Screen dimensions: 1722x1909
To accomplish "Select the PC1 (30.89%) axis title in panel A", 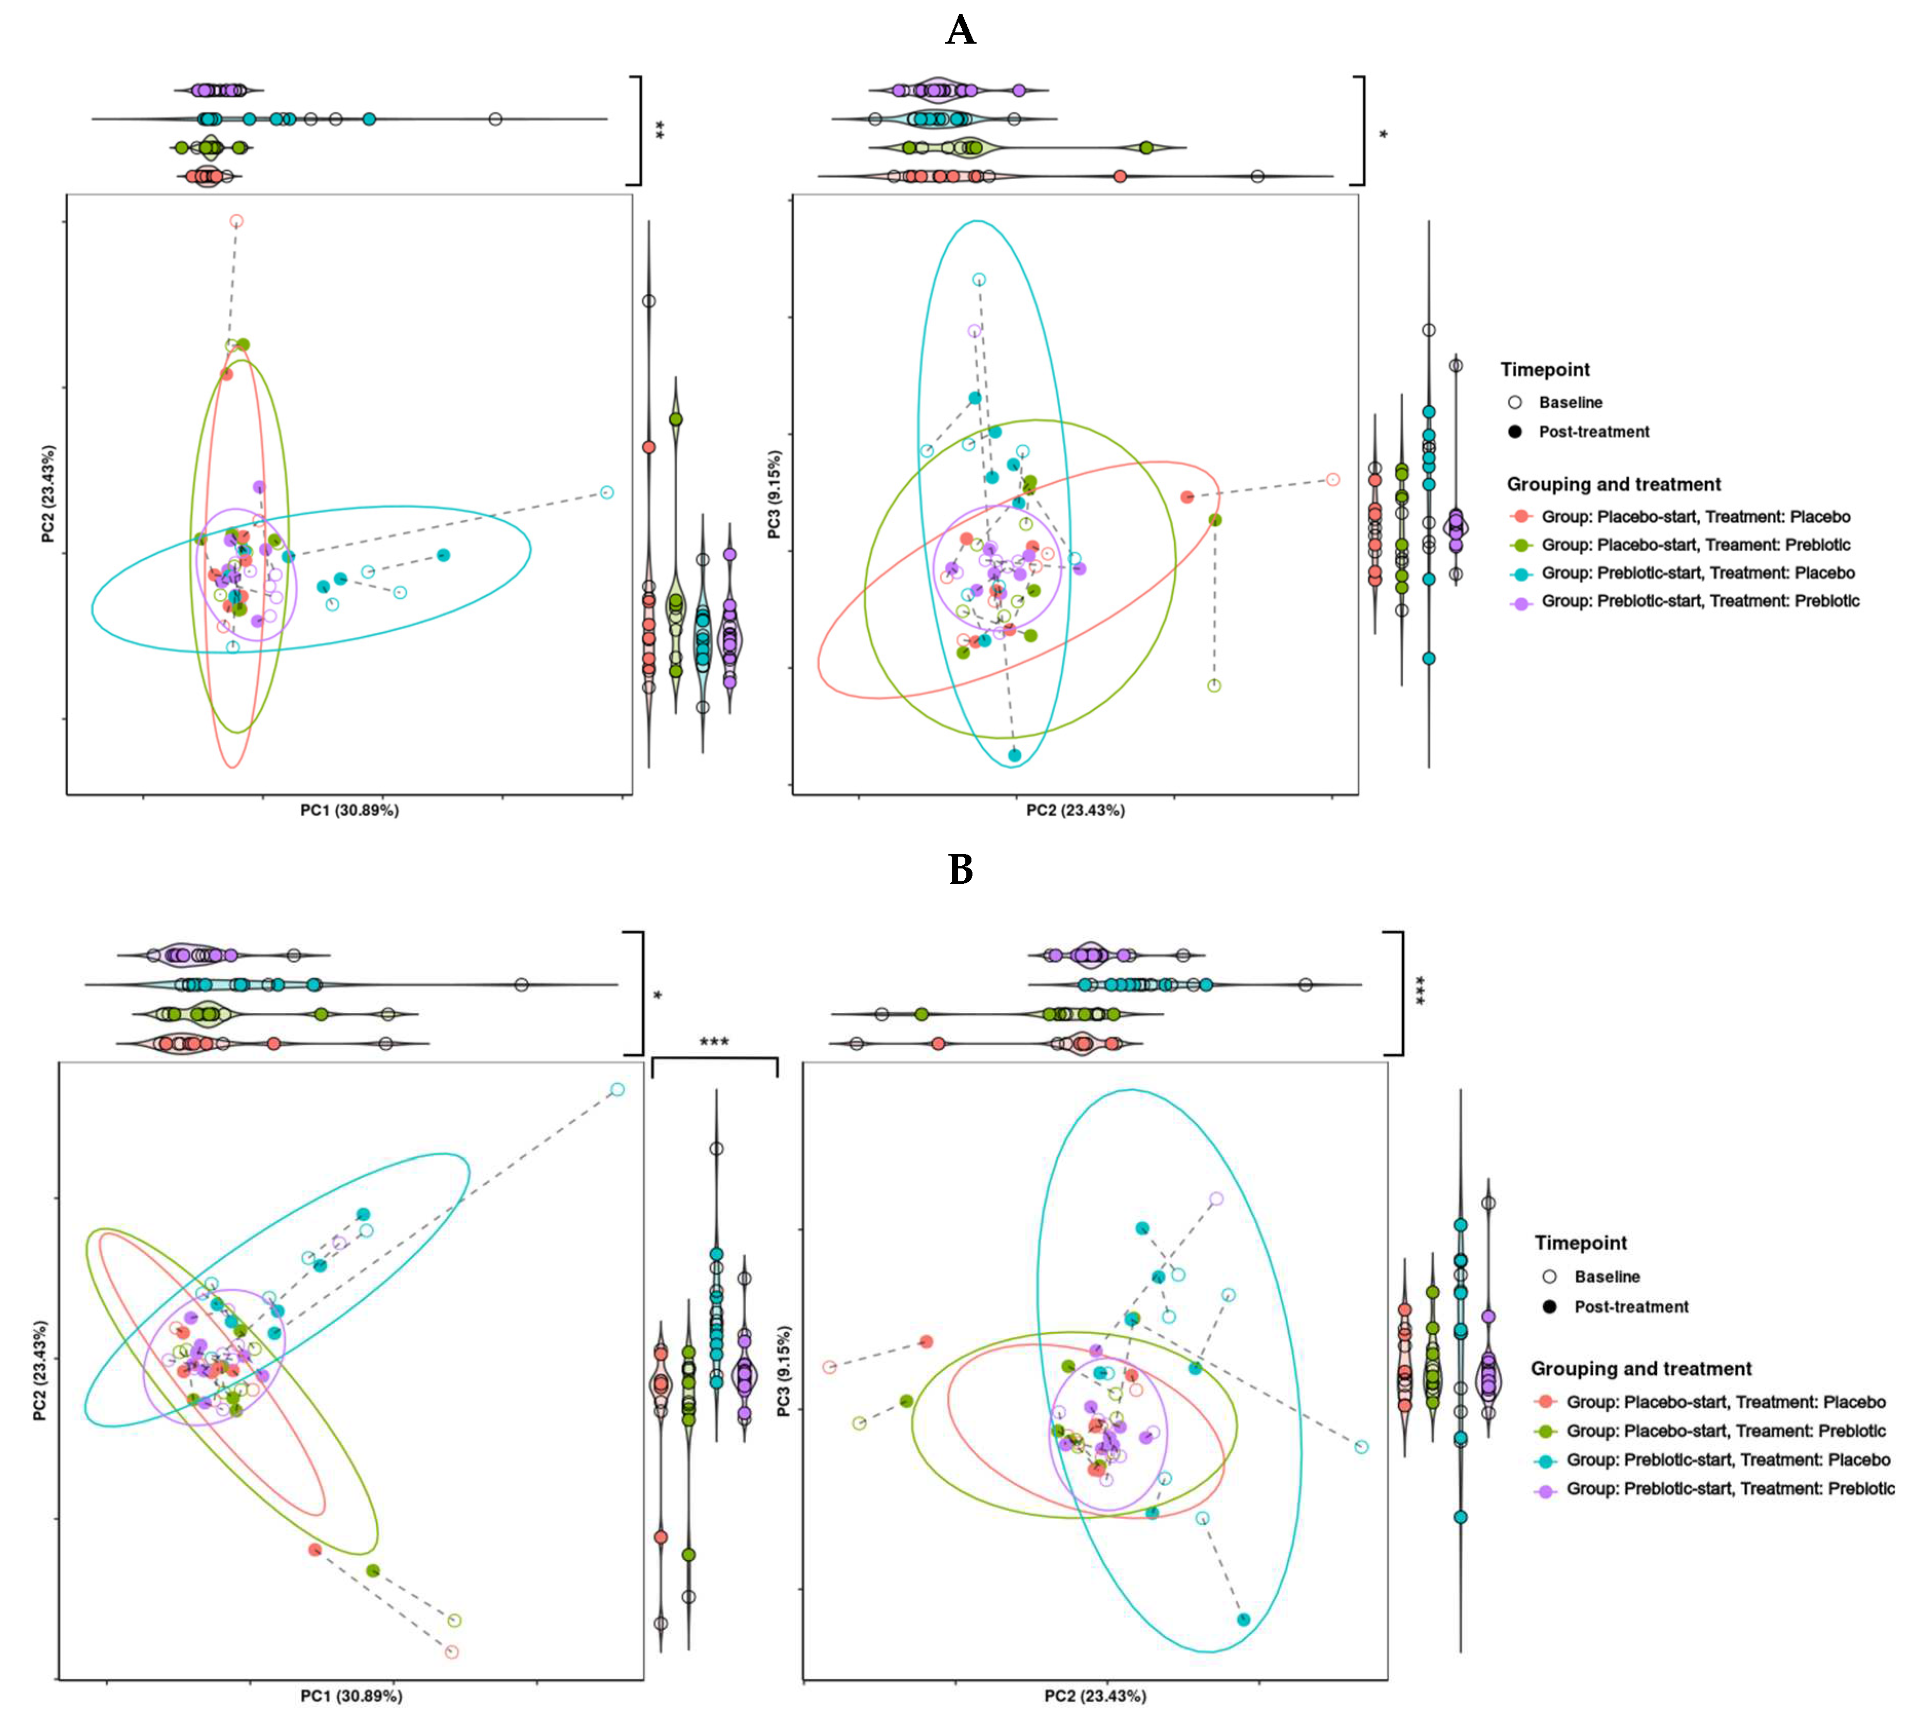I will (x=349, y=810).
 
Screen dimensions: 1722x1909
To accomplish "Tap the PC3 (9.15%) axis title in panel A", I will (x=774, y=495).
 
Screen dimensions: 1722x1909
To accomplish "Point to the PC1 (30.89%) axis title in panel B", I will (x=351, y=1695).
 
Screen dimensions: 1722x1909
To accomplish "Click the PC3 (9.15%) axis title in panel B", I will (x=784, y=1371).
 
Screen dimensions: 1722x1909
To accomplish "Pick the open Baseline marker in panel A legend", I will (x=1515, y=402).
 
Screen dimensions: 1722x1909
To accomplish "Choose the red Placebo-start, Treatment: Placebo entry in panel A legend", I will (x=1521, y=517).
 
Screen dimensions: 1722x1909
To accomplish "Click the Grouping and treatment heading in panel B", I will (x=1640, y=1369).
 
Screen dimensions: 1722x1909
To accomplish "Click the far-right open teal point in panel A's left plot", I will (x=606, y=492).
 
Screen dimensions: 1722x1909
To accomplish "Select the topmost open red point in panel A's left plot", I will (x=237, y=221).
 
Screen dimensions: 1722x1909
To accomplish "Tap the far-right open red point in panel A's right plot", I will (x=1332, y=480).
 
